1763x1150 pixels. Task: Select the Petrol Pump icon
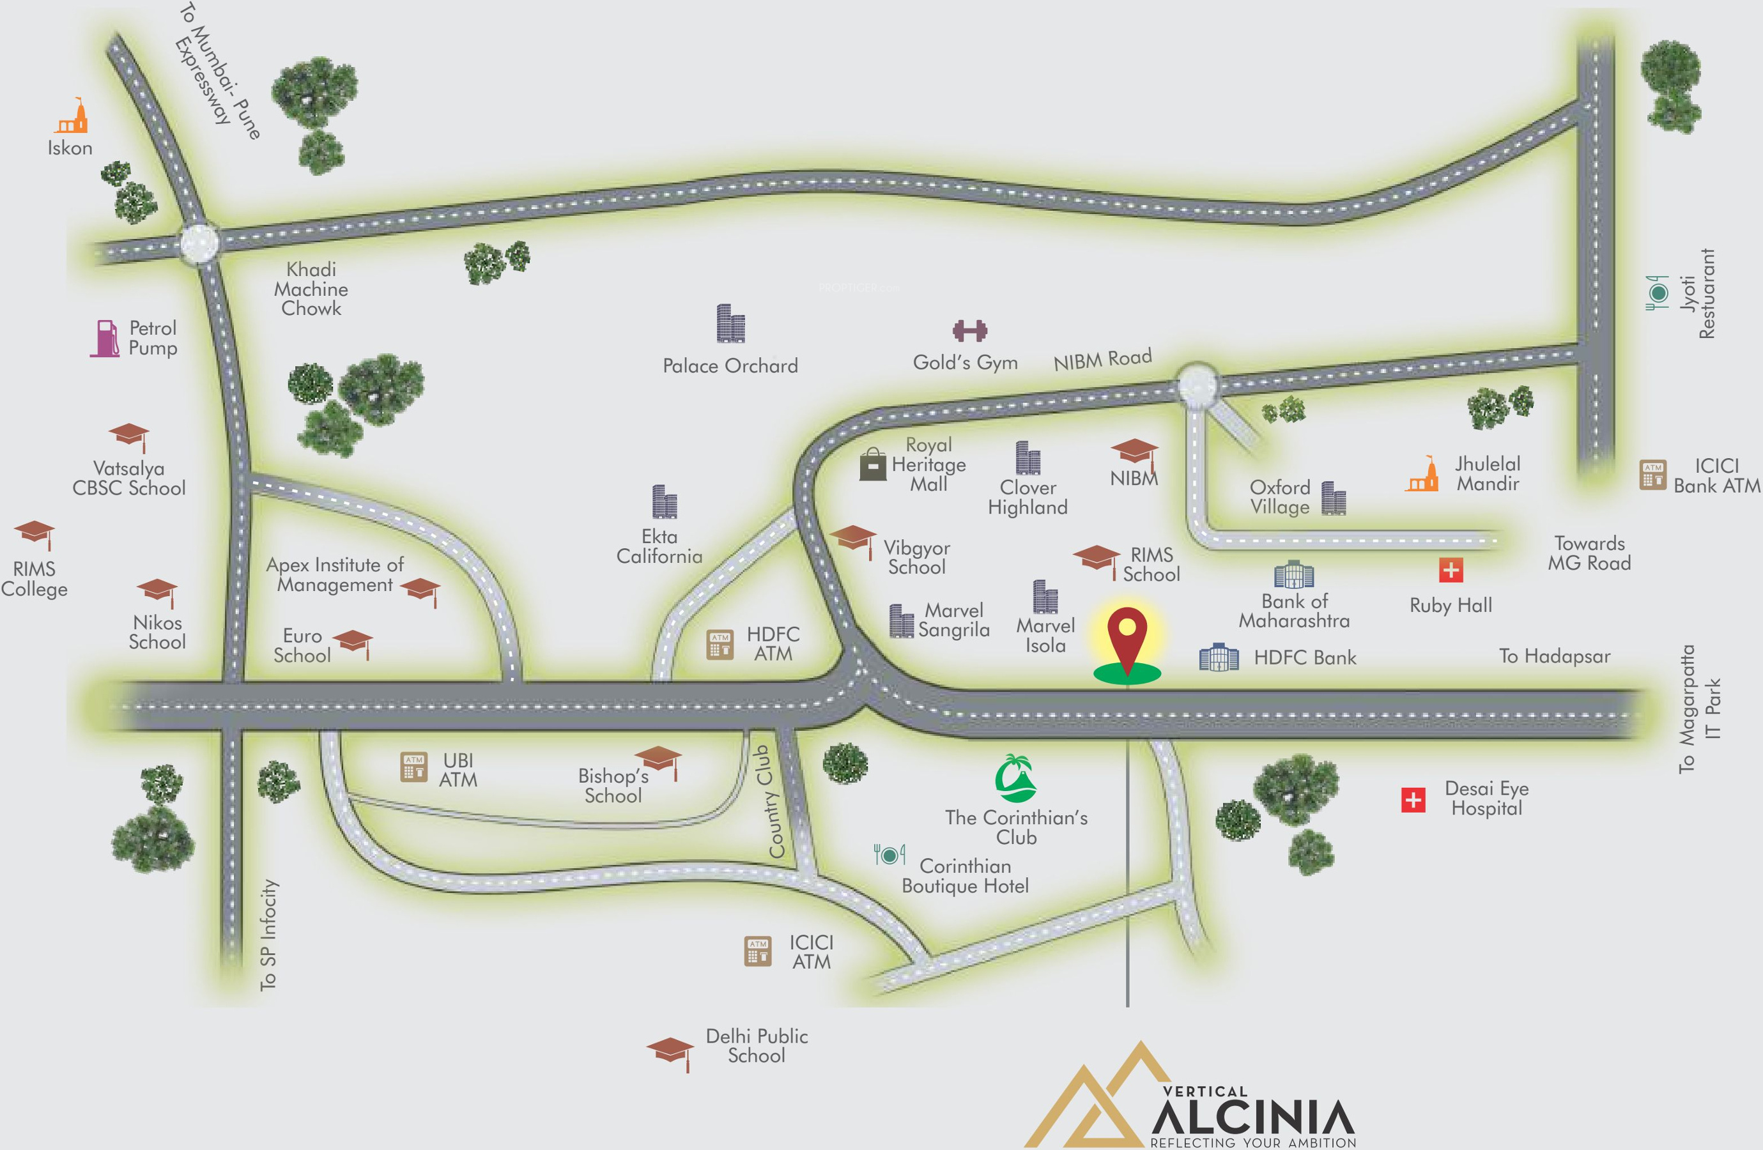(x=106, y=339)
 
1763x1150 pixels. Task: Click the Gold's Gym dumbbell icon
(x=969, y=330)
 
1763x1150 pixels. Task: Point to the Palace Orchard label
(x=730, y=366)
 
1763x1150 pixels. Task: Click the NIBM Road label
(x=1102, y=359)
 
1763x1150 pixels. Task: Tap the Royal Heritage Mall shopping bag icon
(x=873, y=465)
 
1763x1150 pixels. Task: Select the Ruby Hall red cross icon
(x=1451, y=570)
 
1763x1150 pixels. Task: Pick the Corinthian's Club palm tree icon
(x=1015, y=779)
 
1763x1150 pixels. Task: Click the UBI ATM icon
(x=413, y=767)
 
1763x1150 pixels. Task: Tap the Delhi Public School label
(x=757, y=1046)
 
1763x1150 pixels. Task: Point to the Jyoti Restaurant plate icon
(x=1658, y=293)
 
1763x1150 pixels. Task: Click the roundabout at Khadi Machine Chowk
(x=199, y=242)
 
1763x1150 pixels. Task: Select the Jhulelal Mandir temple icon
(x=1423, y=475)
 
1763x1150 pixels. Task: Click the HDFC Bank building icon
(x=1219, y=657)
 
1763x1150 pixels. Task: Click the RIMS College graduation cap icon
(x=35, y=534)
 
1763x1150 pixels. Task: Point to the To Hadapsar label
(x=1554, y=656)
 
